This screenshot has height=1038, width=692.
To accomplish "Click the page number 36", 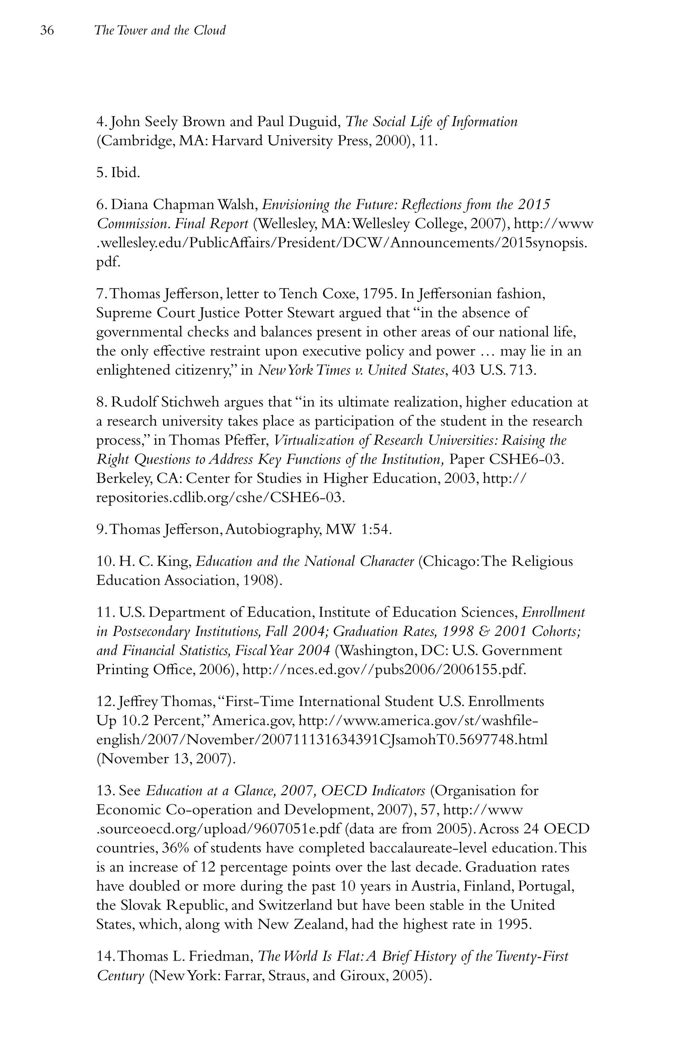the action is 47,30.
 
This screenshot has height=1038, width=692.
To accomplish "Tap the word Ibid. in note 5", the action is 125,173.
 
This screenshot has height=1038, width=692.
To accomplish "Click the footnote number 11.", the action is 105,613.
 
